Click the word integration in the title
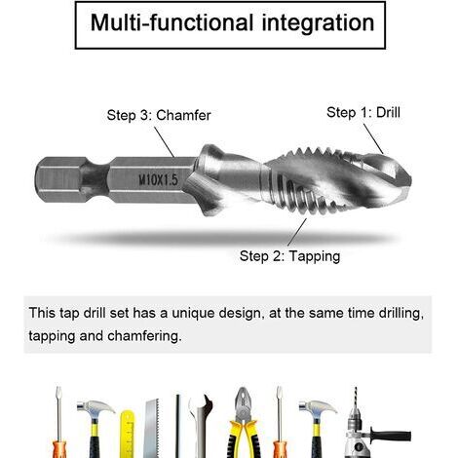point(318,23)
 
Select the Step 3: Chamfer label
point(159,115)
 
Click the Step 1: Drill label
point(363,112)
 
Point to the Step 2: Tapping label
point(289,256)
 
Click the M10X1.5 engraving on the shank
point(159,179)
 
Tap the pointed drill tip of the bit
point(410,179)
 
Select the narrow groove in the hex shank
point(95,180)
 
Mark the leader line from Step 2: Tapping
point(297,232)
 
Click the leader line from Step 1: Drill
point(373,138)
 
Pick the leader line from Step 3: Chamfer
point(164,142)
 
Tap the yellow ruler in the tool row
point(127,434)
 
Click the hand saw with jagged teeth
point(151,428)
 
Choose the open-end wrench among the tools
point(201,426)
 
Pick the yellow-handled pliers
point(244,422)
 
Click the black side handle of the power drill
point(390,436)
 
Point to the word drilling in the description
point(401,314)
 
